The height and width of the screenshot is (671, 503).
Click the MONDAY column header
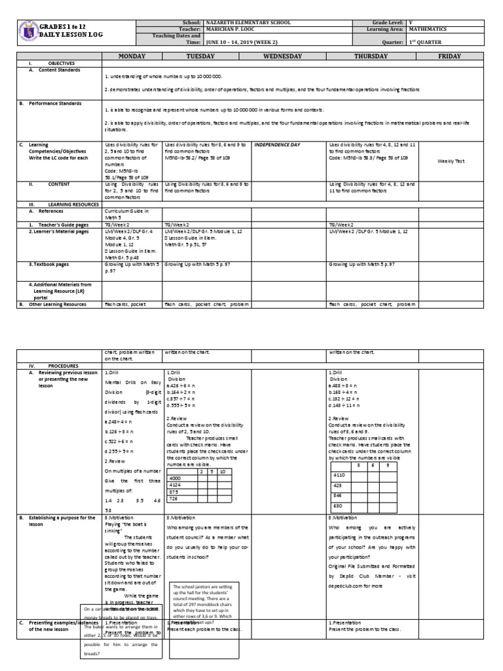pyautogui.click(x=132, y=57)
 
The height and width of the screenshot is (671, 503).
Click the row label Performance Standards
pyautogui.click(x=60, y=104)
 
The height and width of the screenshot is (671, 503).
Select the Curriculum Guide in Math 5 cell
pyautogui.click(x=127, y=214)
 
